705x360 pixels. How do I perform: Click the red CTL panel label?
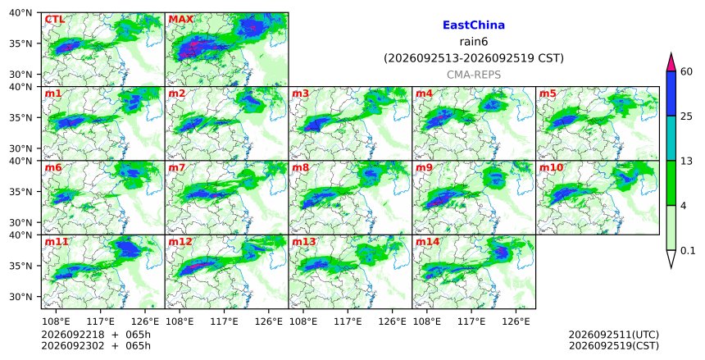coord(54,20)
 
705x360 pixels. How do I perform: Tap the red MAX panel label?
coord(180,20)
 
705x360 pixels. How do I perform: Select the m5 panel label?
coord(548,93)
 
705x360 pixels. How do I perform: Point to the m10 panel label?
coord(551,168)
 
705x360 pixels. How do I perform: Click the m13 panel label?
coord(304,242)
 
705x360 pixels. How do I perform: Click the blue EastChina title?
coord(474,25)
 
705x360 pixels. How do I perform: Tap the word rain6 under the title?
coord(474,42)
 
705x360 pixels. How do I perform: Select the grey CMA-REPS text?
coord(474,75)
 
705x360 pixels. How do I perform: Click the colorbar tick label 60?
coord(686,71)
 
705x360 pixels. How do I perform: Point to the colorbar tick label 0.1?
coord(688,251)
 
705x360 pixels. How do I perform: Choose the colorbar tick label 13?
coord(686,161)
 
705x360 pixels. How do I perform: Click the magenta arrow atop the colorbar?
coord(671,62)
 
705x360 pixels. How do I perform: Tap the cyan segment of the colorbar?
coord(671,139)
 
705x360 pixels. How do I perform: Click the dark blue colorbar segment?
coord(671,93)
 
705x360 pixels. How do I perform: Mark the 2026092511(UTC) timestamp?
coord(614,335)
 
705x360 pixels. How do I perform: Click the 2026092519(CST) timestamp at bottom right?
coord(614,345)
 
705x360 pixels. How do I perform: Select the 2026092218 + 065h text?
coord(96,335)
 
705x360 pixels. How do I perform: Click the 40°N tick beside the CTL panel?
coord(20,12)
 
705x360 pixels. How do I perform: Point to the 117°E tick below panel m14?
coord(471,321)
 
